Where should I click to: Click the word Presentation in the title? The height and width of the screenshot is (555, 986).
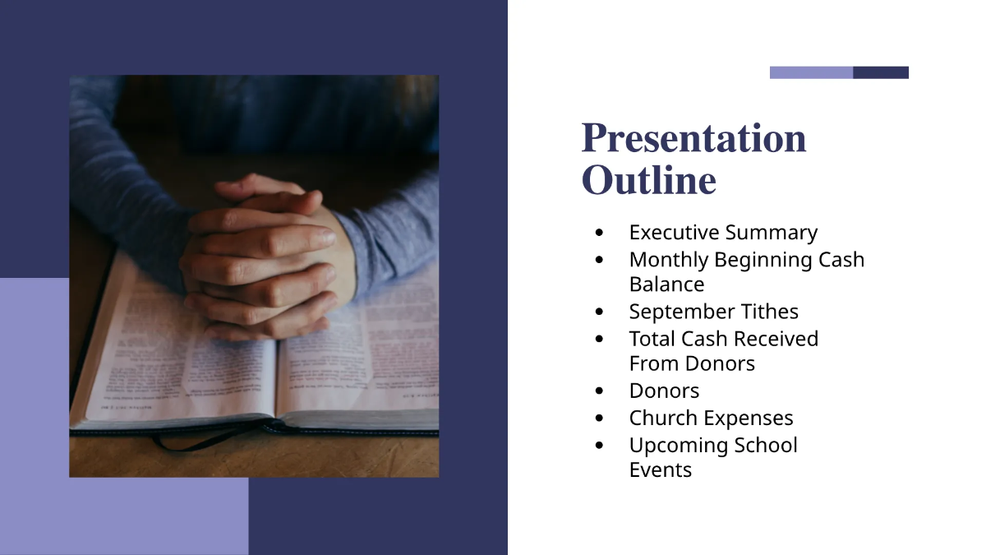tap(693, 138)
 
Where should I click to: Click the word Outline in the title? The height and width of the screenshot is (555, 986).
tap(648, 181)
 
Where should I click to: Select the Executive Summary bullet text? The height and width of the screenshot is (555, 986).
tap(723, 233)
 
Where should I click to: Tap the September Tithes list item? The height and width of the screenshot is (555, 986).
tap(713, 312)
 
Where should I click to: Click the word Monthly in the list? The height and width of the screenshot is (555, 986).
tap(668, 260)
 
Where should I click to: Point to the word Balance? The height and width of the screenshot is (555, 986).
tap(666, 284)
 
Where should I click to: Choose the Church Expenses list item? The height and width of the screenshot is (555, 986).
tap(711, 418)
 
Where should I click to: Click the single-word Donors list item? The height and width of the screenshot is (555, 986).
tap(664, 391)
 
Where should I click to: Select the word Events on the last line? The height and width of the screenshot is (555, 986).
tap(660, 470)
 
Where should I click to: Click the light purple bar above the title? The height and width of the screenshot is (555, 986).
tap(811, 72)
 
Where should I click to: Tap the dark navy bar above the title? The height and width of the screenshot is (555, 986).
tap(881, 72)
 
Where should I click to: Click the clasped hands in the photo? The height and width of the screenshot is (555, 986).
tap(263, 255)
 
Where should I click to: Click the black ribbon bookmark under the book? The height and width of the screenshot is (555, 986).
tap(197, 443)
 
